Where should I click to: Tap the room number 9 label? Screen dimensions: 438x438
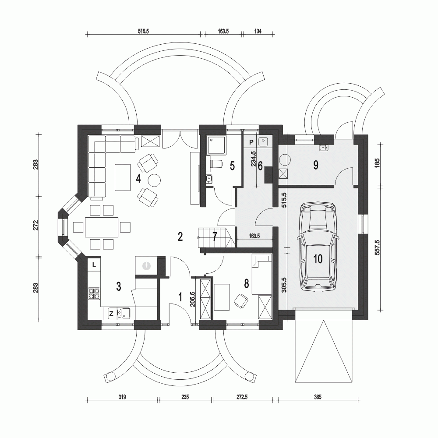point(316,165)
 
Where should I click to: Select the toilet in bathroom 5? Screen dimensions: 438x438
point(215,164)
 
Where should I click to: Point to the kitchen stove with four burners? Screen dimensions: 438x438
point(94,293)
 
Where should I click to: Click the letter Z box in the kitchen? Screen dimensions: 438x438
point(111,314)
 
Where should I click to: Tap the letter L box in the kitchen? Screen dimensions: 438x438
point(95,265)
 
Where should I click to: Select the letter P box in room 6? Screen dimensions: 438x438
point(251,142)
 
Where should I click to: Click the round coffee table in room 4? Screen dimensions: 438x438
point(154,180)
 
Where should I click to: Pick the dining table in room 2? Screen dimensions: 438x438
point(102,227)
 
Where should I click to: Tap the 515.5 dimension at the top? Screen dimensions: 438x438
point(143,31)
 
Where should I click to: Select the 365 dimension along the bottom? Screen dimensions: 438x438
point(318,397)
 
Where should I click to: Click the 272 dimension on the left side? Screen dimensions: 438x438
point(35,226)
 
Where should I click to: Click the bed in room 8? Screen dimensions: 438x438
point(262,274)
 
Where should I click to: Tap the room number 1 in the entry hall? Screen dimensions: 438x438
point(180,297)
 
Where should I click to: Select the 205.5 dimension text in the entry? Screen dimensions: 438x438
point(193,299)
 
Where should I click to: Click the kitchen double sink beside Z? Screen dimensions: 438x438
point(123,314)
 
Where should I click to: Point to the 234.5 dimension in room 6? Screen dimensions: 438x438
point(253,159)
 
